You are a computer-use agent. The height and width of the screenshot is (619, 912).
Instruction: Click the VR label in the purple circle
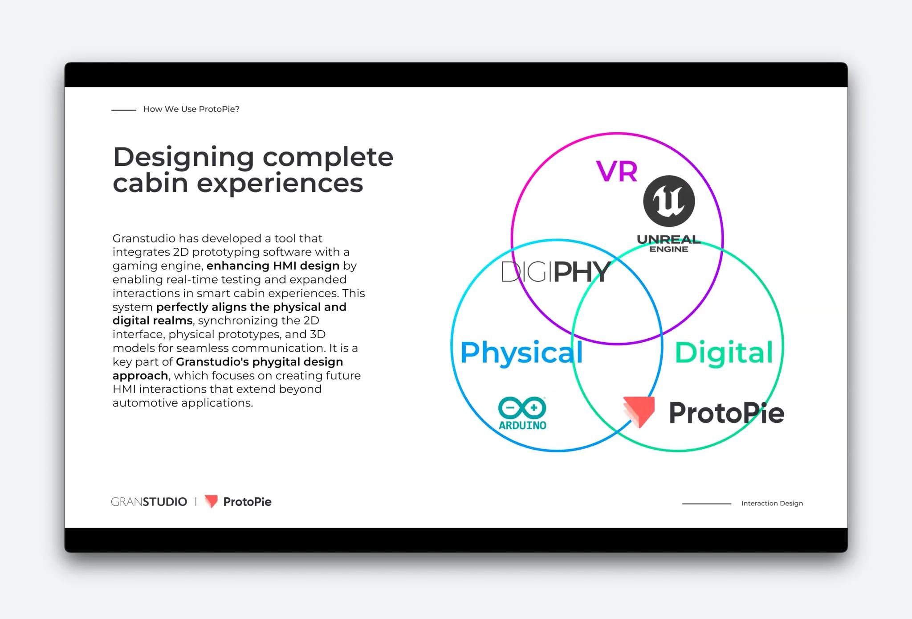click(617, 171)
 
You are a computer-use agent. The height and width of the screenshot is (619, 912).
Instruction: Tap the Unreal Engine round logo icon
click(669, 201)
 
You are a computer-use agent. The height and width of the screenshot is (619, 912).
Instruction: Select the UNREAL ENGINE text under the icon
click(668, 244)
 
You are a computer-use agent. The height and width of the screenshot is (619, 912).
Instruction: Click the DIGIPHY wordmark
click(555, 272)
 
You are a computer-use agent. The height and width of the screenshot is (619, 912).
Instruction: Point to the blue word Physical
click(521, 353)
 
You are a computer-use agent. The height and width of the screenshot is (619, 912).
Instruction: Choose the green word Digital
click(724, 353)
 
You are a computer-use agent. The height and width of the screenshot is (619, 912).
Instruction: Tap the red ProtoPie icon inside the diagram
click(639, 411)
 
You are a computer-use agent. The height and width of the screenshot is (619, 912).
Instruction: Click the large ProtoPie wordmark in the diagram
click(726, 413)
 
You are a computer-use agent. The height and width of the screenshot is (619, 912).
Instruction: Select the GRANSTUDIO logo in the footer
click(149, 502)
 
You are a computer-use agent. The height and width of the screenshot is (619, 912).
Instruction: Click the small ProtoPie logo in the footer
click(238, 502)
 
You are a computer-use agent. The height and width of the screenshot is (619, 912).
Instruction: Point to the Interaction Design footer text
click(772, 503)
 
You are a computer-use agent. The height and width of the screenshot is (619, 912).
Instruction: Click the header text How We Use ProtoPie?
click(191, 109)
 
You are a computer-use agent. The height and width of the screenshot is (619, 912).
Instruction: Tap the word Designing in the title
click(183, 158)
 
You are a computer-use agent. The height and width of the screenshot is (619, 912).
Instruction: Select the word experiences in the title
click(280, 183)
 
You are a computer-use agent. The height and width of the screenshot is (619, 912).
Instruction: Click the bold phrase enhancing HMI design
click(273, 266)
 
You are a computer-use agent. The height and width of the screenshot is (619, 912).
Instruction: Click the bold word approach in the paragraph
click(140, 376)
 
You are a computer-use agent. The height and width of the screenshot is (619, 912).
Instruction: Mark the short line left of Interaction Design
click(706, 504)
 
